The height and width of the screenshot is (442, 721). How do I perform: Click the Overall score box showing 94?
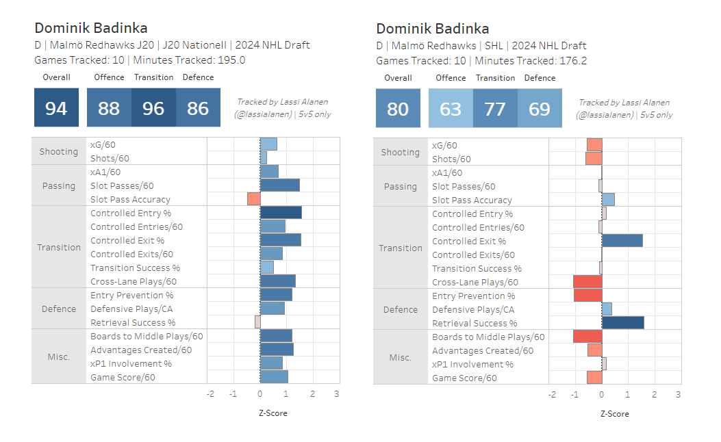[x=56, y=107]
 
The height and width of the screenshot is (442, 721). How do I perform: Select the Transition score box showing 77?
[x=495, y=108]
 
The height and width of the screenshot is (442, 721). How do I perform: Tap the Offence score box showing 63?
[x=451, y=108]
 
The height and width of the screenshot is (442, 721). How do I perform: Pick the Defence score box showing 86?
[x=198, y=107]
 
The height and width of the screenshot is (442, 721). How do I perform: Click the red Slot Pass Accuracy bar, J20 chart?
[x=253, y=199]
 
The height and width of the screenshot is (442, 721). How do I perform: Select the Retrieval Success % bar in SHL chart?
[x=622, y=323]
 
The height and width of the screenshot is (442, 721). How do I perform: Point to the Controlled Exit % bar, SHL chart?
[x=622, y=241]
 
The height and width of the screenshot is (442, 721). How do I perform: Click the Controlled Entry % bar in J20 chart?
[x=281, y=213]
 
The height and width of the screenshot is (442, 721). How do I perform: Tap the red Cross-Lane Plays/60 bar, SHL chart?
[x=587, y=282]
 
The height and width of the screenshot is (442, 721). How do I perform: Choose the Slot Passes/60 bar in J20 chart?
[x=279, y=185]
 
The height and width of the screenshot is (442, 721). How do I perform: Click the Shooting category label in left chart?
[x=59, y=151]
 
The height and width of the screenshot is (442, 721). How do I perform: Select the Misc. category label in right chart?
[x=401, y=357]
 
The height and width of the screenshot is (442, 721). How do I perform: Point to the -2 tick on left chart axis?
[x=210, y=394]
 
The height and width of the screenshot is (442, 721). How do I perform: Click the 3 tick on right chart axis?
[x=678, y=395]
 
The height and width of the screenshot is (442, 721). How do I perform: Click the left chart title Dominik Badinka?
[x=91, y=28]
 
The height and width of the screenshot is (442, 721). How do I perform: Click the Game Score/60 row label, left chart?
[x=123, y=377]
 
